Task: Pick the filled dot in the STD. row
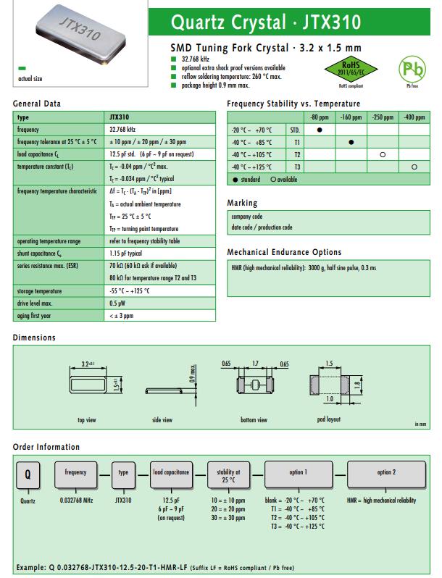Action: click(320, 130)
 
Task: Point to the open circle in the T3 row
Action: click(414, 167)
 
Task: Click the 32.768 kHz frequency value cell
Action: click(122, 129)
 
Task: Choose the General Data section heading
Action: click(37, 104)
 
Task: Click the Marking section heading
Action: click(242, 203)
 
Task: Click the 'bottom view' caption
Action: click(254, 419)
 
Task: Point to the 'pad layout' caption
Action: click(328, 419)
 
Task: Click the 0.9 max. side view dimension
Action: click(193, 374)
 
